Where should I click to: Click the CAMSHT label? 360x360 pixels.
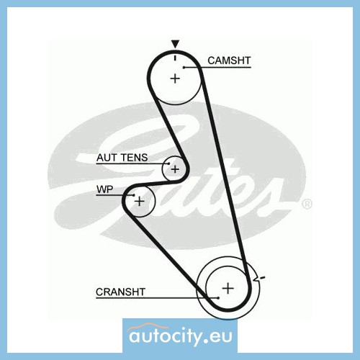tap(229, 60)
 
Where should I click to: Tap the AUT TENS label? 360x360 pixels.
tap(122, 158)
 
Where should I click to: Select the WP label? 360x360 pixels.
tap(104, 189)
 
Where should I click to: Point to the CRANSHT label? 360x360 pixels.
tap(120, 292)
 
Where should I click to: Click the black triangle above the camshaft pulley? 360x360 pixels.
tap(175, 44)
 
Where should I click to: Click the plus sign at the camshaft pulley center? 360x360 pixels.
tap(175, 78)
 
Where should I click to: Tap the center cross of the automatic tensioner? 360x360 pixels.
tap(175, 169)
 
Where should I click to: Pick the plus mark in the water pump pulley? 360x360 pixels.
tap(140, 201)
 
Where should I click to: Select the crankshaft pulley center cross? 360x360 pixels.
tap(228, 288)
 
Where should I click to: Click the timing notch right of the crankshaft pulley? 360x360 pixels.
tap(256, 278)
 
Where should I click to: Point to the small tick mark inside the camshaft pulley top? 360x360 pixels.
tap(175, 58)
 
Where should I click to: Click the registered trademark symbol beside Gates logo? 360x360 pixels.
tap(307, 204)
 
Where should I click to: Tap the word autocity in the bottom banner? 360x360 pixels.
tap(164, 336)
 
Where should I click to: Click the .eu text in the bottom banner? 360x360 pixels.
tap(218, 336)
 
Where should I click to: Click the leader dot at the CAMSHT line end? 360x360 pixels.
tap(184, 68)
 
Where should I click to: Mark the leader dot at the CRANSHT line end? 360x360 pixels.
tap(218, 298)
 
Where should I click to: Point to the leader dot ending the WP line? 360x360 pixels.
tap(134, 195)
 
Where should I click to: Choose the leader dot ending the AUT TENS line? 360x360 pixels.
tap(168, 164)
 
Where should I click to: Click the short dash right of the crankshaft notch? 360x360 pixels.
tap(263, 278)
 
